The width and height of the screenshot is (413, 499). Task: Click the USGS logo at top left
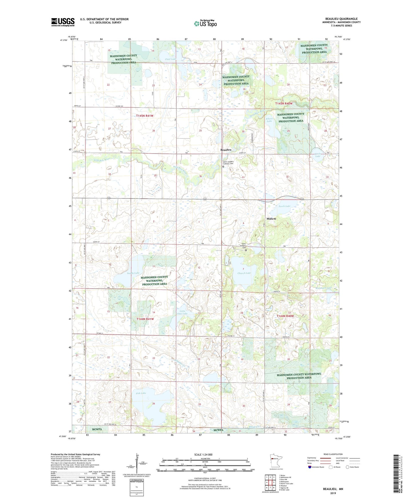pyautogui.click(x=63, y=22)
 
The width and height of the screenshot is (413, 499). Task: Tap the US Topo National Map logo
pyautogui.click(x=205, y=23)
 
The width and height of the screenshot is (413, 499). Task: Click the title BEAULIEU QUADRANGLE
pyautogui.click(x=341, y=19)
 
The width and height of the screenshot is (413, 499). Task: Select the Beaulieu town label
pyautogui.click(x=226, y=150)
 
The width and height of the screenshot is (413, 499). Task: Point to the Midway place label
pyautogui.click(x=271, y=219)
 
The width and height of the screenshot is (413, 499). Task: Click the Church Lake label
pyautogui.click(x=244, y=273)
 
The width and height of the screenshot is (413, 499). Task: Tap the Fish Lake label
pyautogui.click(x=141, y=393)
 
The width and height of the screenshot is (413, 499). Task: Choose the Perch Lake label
pyautogui.click(x=284, y=206)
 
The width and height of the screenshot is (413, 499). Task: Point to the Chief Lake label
pyautogui.click(x=170, y=59)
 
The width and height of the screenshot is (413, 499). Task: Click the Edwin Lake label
pyautogui.click(x=269, y=120)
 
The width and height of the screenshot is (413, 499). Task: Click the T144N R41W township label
pyautogui.click(x=145, y=319)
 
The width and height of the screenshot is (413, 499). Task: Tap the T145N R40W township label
pyautogui.click(x=284, y=103)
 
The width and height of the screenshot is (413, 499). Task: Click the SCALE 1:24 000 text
pyautogui.click(x=203, y=454)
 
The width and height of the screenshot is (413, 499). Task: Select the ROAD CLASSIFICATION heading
pyautogui.click(x=333, y=454)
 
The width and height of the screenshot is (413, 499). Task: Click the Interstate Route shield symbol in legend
pyautogui.click(x=310, y=467)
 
